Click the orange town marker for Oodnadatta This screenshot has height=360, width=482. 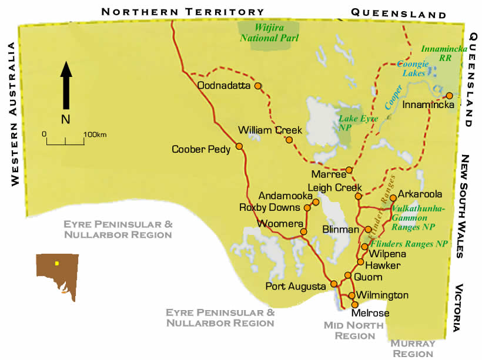257,86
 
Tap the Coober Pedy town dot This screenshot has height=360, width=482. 239,146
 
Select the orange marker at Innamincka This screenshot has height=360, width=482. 449,96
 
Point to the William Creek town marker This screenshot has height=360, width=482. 289,140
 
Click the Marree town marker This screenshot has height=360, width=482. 349,170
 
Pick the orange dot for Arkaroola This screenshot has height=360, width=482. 393,198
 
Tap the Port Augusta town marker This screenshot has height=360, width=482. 334,284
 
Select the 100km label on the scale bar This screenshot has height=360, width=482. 95,134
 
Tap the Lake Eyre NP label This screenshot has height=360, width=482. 357,122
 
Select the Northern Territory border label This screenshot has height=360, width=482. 183,12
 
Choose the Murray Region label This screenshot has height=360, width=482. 413,348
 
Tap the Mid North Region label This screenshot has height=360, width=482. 355,330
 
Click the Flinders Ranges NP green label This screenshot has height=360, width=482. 408,244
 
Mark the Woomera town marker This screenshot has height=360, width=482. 304,232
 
